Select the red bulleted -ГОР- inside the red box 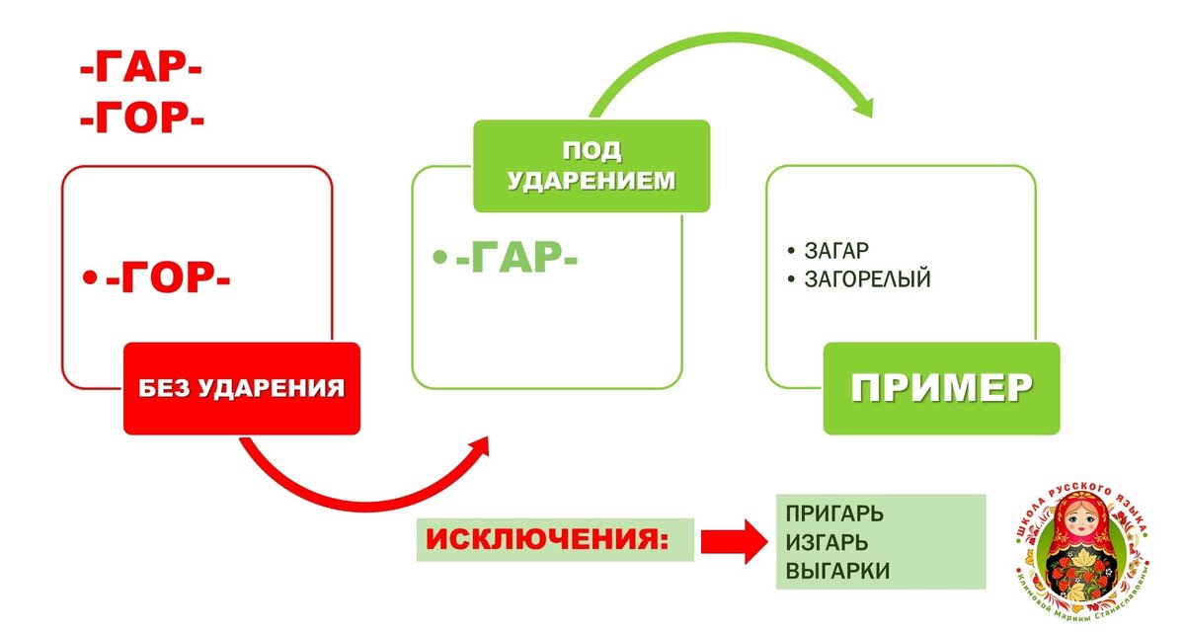click(x=168, y=280)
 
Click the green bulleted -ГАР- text click(x=516, y=259)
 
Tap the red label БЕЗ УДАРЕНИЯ click(x=241, y=388)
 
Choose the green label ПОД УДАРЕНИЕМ click(x=592, y=166)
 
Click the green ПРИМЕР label click(x=941, y=388)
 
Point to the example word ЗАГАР click(x=836, y=251)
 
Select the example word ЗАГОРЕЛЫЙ click(x=868, y=279)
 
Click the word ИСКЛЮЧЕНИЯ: click(x=545, y=540)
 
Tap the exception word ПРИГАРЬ click(x=834, y=514)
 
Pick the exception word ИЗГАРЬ click(x=828, y=542)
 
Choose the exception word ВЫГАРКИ click(x=837, y=571)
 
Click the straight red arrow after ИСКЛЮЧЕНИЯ click(x=736, y=540)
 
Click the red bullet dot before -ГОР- click(x=90, y=280)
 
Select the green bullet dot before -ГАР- click(x=440, y=258)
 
